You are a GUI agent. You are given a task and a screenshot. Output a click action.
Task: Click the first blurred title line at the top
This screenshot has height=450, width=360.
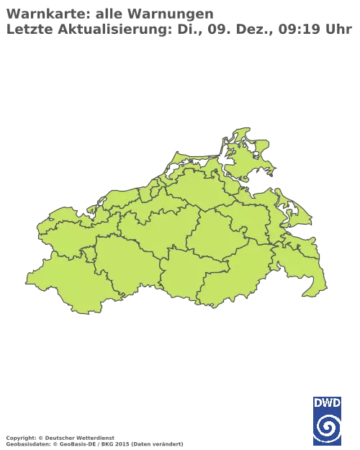click(x=108, y=13)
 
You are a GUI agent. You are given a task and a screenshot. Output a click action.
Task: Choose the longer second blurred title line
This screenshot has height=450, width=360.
click(x=180, y=30)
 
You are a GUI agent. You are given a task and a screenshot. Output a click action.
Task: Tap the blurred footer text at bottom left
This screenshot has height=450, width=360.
click(x=94, y=438)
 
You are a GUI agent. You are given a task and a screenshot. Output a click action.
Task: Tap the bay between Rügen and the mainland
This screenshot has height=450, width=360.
click(x=241, y=180)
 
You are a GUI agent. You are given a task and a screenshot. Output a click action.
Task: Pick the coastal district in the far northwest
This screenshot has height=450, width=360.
click(x=65, y=230)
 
